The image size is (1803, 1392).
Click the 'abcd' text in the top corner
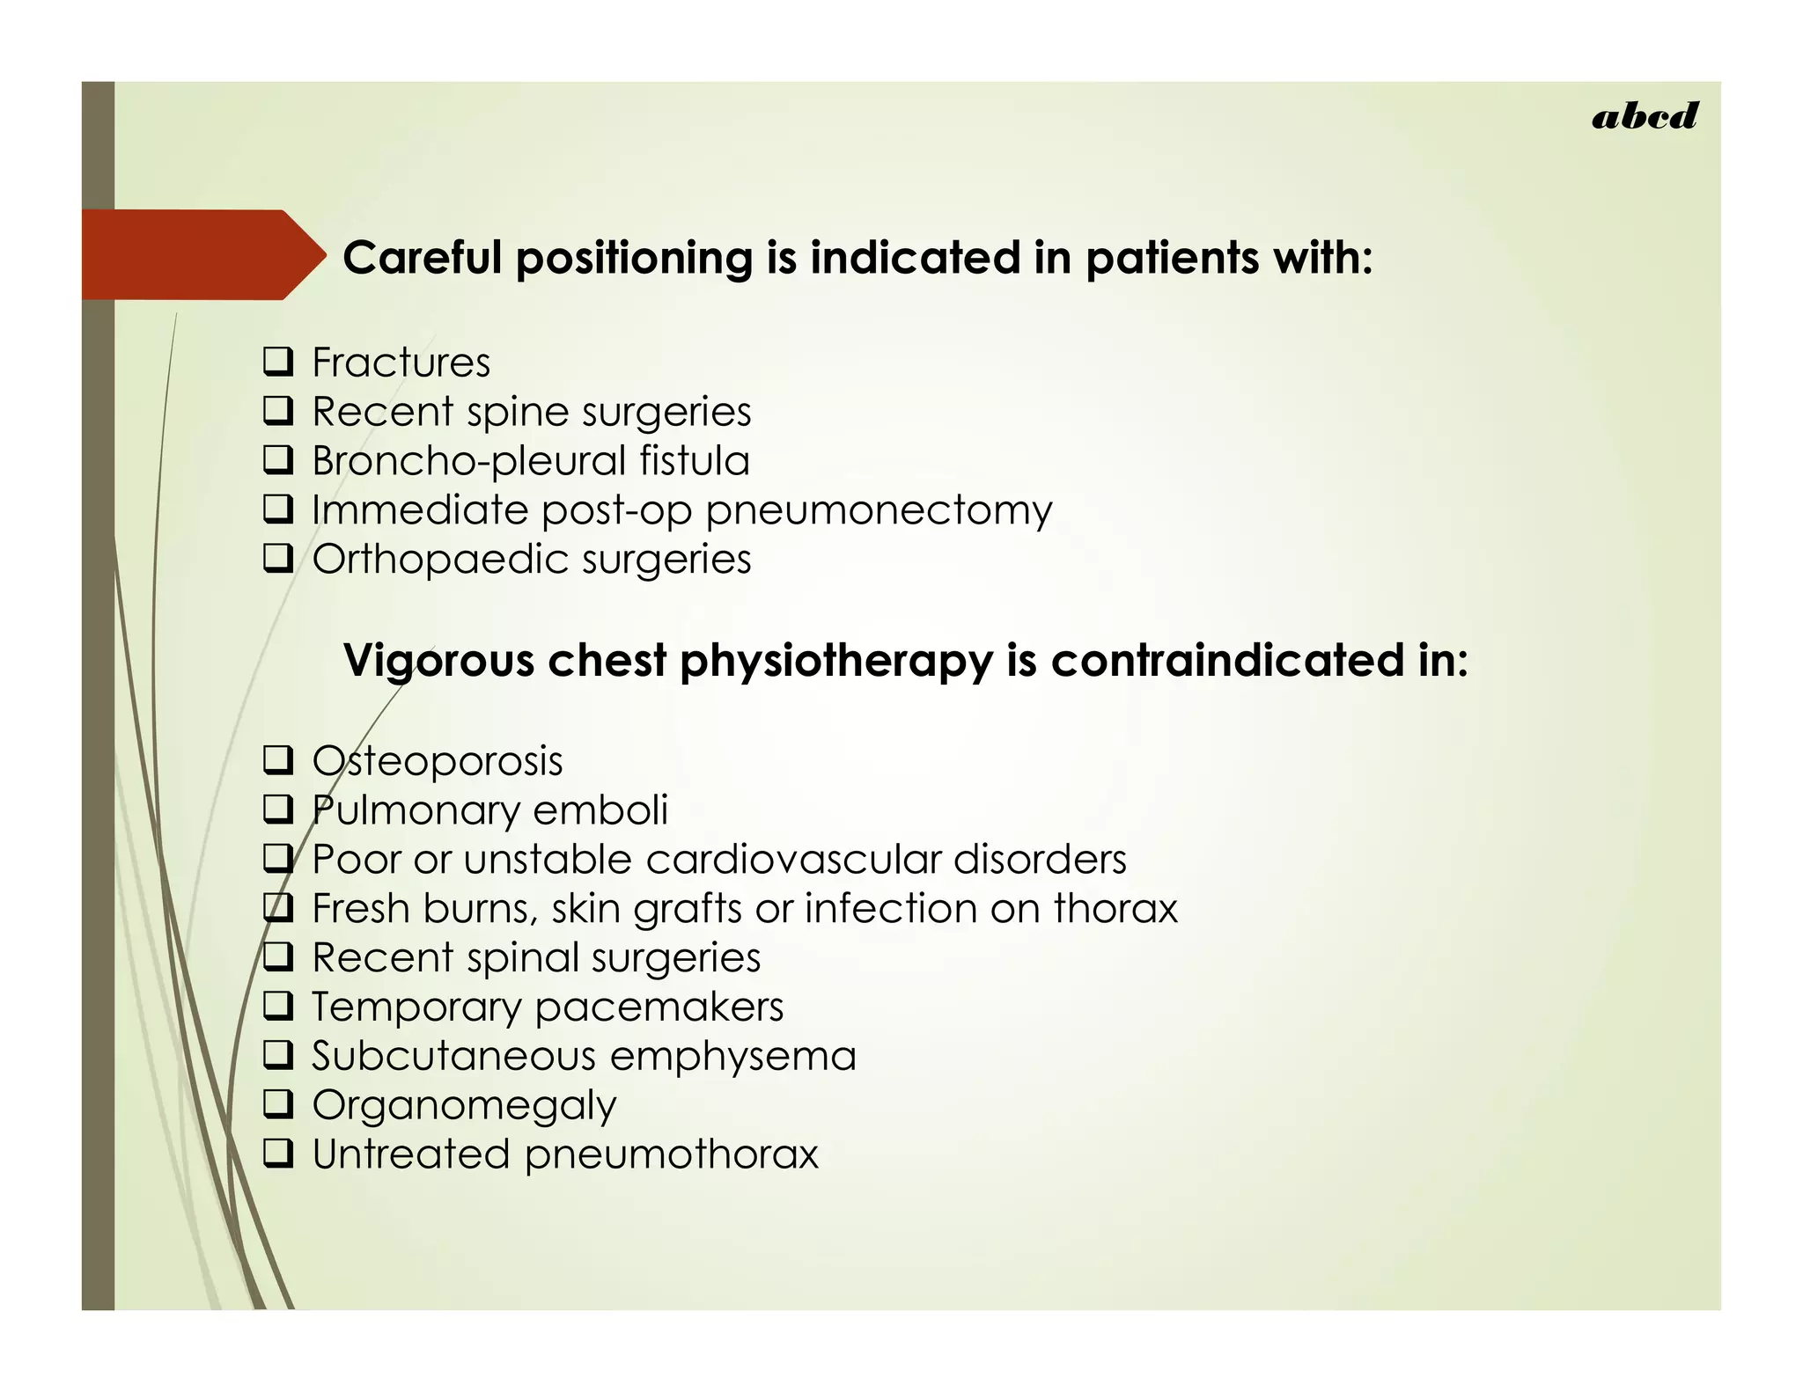click(x=1644, y=116)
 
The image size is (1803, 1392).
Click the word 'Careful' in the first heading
click(x=423, y=258)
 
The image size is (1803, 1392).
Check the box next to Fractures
click(x=278, y=362)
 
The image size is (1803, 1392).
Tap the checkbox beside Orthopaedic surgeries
click(x=278, y=559)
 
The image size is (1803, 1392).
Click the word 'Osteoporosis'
click(x=438, y=761)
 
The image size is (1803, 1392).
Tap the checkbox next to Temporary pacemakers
click(x=278, y=1006)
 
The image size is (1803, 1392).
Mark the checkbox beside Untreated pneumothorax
click(x=278, y=1154)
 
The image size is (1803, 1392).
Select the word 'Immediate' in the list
click(x=420, y=510)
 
